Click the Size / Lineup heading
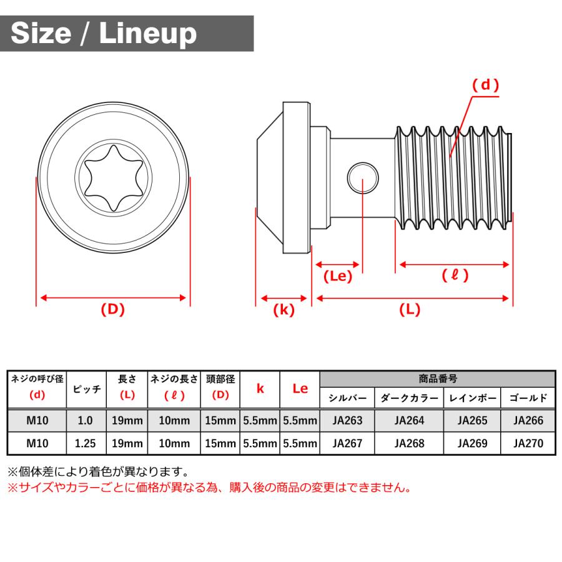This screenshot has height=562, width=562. point(104,33)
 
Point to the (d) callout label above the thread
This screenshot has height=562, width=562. point(485,86)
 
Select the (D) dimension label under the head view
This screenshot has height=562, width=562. point(112,309)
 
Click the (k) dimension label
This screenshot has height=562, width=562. point(283,310)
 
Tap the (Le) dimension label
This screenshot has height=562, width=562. point(338,276)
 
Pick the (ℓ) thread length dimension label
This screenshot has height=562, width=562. point(455,275)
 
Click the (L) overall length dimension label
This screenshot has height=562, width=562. point(410,310)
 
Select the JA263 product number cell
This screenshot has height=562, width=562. point(347,420)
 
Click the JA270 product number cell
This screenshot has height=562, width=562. point(528,443)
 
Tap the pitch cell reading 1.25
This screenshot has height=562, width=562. point(86,443)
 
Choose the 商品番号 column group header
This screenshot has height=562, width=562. point(437,378)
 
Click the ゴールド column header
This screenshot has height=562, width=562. point(528,398)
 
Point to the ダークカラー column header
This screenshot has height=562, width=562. point(409,398)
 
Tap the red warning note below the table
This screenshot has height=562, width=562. point(209,488)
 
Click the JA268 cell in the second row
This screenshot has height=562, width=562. point(409,443)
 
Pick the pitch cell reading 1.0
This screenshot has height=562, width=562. point(86,420)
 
